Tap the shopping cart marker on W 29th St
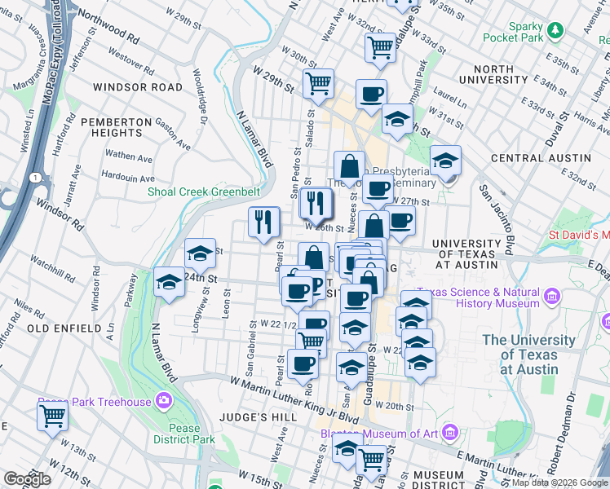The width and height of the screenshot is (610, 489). [x=318, y=82]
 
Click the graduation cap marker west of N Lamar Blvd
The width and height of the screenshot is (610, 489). [x=169, y=283]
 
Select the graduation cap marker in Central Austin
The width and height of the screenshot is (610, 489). [x=446, y=161]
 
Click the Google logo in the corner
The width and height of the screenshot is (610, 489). [x=26, y=479]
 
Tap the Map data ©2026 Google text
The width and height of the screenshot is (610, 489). [x=559, y=482]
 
